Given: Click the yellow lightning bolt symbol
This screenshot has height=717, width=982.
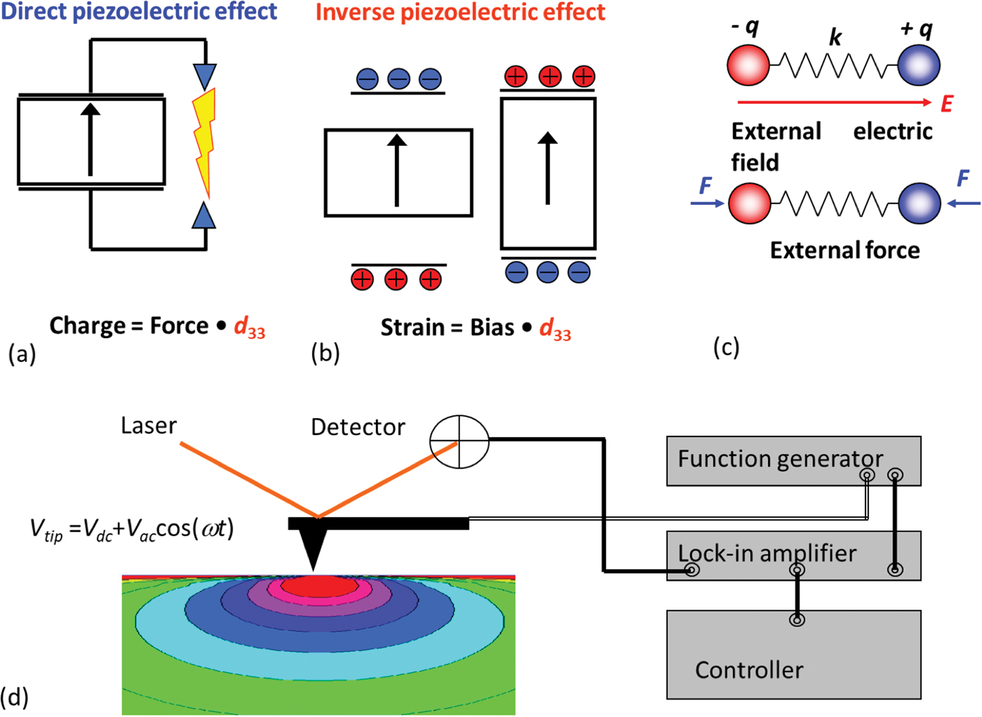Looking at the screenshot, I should pyautogui.click(x=203, y=140).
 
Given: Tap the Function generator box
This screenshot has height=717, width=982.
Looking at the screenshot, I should pyautogui.click(x=793, y=460).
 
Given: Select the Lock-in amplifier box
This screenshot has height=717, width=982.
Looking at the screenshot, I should pyautogui.click(x=793, y=555).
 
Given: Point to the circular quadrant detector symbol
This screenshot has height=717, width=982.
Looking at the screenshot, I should pyautogui.click(x=459, y=441).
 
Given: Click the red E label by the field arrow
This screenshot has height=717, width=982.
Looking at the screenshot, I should pyautogui.click(x=946, y=105).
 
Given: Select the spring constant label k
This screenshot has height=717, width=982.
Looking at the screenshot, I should pyautogui.click(x=835, y=37).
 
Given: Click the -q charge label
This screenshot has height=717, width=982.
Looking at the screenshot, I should pyautogui.click(x=745, y=27).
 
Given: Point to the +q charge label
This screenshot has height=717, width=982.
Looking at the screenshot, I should pyautogui.click(x=917, y=29).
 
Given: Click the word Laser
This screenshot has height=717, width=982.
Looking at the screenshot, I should pyautogui.click(x=148, y=426).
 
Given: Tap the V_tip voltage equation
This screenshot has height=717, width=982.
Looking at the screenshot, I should pyautogui.click(x=132, y=529).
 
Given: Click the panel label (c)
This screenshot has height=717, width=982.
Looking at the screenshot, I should pyautogui.click(x=726, y=347).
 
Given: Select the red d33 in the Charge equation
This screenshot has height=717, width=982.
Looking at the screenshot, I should pyautogui.click(x=249, y=327).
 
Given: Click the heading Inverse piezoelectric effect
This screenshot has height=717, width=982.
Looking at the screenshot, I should pyautogui.click(x=460, y=13).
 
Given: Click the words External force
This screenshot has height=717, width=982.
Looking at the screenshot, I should pyautogui.click(x=845, y=250).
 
